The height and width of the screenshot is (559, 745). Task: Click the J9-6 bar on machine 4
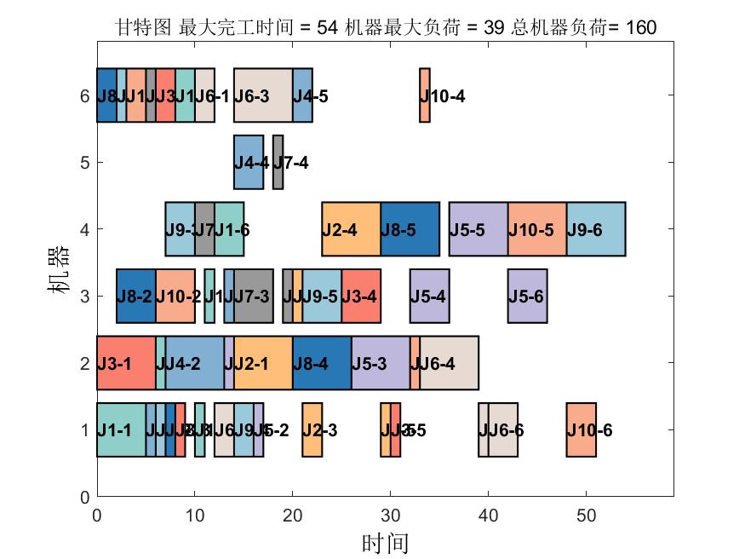(x=596, y=229)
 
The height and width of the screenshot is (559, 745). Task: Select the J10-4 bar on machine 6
(x=425, y=95)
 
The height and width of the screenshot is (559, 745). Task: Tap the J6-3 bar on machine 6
(x=263, y=95)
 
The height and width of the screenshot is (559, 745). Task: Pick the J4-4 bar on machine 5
(x=249, y=162)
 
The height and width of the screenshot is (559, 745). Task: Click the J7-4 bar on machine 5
(x=278, y=162)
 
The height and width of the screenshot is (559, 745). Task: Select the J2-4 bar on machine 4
(x=351, y=229)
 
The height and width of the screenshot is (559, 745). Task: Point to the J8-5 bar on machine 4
(x=410, y=229)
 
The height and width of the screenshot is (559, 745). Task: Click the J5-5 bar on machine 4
(x=479, y=229)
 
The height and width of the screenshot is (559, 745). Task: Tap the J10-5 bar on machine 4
(x=537, y=229)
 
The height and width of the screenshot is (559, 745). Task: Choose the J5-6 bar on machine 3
(x=527, y=296)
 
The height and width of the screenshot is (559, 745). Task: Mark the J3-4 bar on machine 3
(x=361, y=296)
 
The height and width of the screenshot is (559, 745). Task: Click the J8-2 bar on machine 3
(x=136, y=296)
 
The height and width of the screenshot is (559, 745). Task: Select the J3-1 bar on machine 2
(x=126, y=363)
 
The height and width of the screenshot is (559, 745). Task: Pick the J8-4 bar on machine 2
(x=322, y=363)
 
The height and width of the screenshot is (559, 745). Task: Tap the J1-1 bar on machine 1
(x=121, y=429)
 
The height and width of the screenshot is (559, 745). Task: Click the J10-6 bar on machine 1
(x=582, y=429)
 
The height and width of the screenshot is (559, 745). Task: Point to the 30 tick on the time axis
(x=391, y=515)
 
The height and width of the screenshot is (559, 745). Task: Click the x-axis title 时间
(x=385, y=543)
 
